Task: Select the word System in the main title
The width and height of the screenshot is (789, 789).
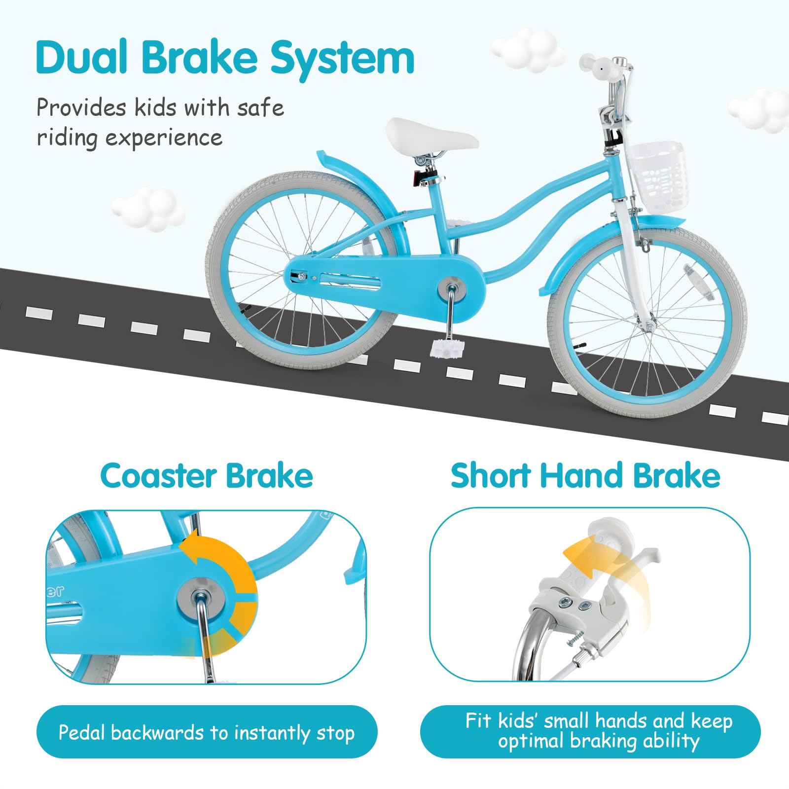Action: tap(342, 58)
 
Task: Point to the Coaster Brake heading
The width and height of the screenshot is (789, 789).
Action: tap(206, 476)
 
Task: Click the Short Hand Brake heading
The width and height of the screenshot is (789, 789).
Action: tap(585, 476)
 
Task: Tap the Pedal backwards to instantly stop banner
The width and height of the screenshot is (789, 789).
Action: tap(206, 732)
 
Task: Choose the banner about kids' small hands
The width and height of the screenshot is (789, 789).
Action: tap(590, 731)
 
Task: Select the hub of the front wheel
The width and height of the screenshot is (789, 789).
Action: tap(646, 325)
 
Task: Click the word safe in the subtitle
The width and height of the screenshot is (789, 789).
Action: tap(260, 108)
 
